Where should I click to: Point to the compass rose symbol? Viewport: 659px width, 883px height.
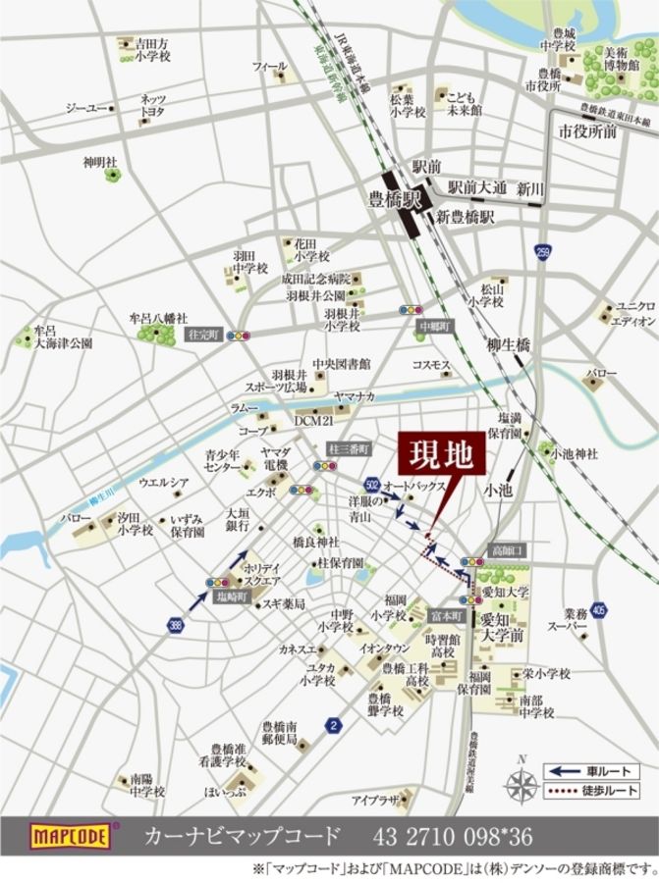pyautogui.click(x=522, y=782)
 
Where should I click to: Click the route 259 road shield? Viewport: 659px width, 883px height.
pyautogui.click(x=543, y=253)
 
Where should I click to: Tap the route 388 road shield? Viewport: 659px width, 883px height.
pyautogui.click(x=174, y=623)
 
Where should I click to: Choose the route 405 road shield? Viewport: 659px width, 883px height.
pyautogui.click(x=599, y=610)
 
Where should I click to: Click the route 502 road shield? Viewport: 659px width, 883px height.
pyautogui.click(x=370, y=485)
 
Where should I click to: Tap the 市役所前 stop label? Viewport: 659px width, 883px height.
pyautogui.click(x=587, y=130)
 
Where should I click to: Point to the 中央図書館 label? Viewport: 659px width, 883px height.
pyautogui.click(x=341, y=364)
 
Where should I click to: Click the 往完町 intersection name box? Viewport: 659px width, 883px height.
pyautogui.click(x=205, y=335)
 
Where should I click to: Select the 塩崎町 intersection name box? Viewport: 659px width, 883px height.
pyautogui.click(x=232, y=596)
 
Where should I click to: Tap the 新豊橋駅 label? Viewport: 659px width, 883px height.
pyautogui.click(x=465, y=216)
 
